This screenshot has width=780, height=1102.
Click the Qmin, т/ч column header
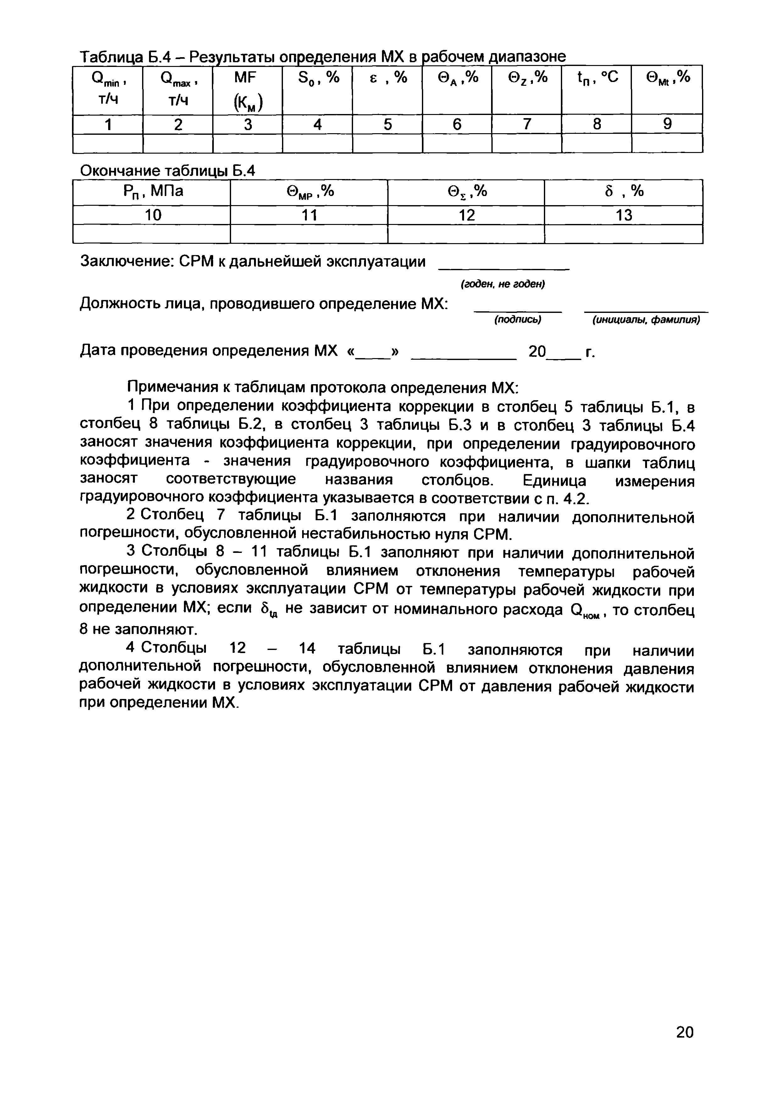(108, 90)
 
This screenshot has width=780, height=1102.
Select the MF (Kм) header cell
(247, 90)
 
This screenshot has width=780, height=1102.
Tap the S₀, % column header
(318, 90)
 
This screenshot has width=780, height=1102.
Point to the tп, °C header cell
(596, 90)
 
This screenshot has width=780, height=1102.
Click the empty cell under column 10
(152, 234)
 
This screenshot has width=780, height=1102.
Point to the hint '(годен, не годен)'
(502, 285)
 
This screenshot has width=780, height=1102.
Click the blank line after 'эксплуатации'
(504, 265)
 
